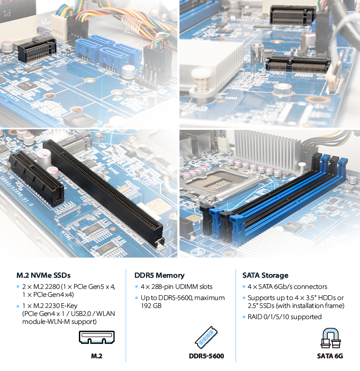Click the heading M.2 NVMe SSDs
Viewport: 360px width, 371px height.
pos(43,276)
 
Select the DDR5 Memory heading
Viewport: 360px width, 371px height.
pos(159,276)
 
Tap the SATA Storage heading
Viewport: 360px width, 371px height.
pos(265,276)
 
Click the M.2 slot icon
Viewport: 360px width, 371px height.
pos(97,337)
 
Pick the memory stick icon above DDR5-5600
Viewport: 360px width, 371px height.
pos(206,337)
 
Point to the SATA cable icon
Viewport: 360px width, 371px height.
pos(330,338)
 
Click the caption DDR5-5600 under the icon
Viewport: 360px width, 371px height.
pos(206,356)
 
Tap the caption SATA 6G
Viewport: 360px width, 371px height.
pos(330,356)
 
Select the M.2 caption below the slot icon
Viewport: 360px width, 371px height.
pos(97,356)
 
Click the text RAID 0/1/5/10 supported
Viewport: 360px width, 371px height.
pos(285,317)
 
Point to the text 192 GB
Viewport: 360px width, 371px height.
pos(151,306)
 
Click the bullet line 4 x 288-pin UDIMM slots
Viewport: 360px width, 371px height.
pos(177,287)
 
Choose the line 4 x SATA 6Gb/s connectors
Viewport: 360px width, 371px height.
pos(287,287)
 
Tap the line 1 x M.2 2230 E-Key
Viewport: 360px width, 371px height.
pos(50,306)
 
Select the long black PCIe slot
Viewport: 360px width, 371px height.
pos(103,192)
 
